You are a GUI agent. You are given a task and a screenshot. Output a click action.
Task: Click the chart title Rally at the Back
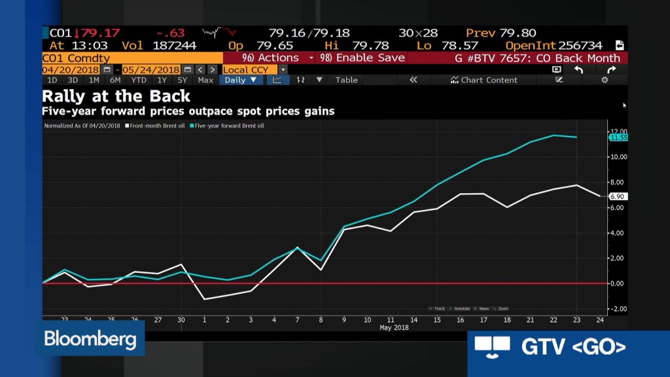tap(116, 96)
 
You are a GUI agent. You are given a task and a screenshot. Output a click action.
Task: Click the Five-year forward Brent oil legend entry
tap(228, 126)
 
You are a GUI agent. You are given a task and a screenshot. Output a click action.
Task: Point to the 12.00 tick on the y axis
tap(618, 132)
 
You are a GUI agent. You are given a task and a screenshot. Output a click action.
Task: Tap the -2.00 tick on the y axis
tap(618, 308)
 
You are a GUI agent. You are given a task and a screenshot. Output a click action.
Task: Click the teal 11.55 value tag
tap(618, 137)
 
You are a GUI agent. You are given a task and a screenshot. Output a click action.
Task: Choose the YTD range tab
tap(138, 80)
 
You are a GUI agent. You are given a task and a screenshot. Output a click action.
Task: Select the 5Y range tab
tap(182, 80)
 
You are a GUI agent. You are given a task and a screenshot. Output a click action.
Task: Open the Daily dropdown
tap(240, 80)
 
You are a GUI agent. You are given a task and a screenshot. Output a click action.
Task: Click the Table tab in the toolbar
tap(346, 80)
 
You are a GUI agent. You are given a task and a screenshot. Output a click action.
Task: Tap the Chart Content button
tap(484, 80)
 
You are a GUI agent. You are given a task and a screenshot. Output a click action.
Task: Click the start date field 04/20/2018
tap(70, 69)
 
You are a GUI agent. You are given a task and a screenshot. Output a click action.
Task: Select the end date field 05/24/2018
tap(151, 69)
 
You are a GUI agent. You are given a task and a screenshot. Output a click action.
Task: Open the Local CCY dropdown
tap(254, 69)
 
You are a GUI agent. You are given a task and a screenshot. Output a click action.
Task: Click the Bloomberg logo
tap(90, 339)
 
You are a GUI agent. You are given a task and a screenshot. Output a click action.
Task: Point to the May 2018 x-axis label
tap(394, 327)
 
